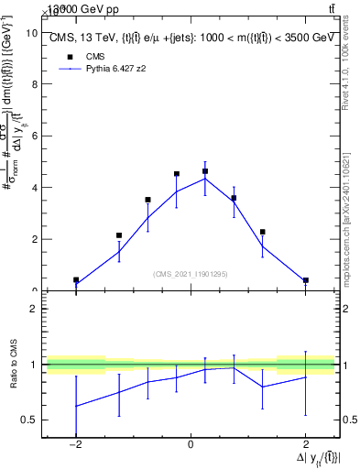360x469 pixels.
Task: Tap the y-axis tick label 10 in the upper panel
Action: click(x=31, y=33)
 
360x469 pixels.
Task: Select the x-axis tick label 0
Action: click(x=190, y=444)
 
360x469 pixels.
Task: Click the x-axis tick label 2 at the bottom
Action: click(x=305, y=444)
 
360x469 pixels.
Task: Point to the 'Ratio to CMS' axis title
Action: click(x=12, y=379)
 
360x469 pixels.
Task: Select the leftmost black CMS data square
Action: click(x=76, y=280)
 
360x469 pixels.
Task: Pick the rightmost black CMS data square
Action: click(x=305, y=280)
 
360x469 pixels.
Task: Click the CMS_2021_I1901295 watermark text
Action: click(x=190, y=274)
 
